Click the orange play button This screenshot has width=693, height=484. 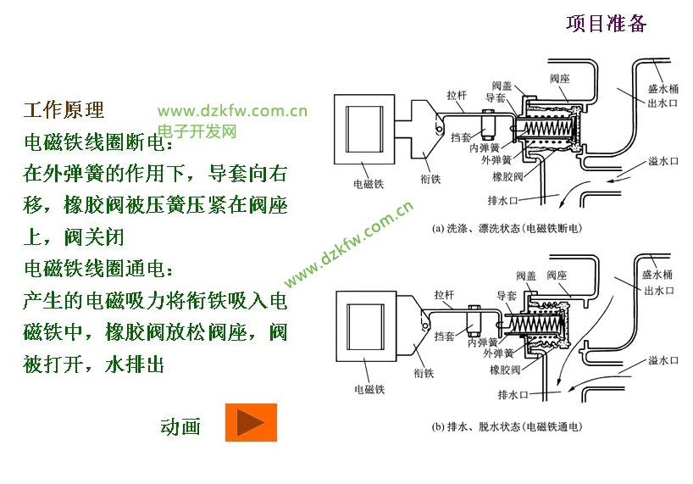pyautogui.click(x=251, y=422)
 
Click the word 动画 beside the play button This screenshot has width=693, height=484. pyautogui.click(x=180, y=426)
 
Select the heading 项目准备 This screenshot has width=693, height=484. pyautogui.click(x=606, y=23)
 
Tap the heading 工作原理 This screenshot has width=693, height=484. pyautogui.click(x=64, y=110)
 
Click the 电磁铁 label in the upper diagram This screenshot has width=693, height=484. pyautogui.click(x=369, y=183)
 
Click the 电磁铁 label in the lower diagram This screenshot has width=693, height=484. pyautogui.click(x=369, y=389)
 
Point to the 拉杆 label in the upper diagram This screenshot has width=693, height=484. pyautogui.click(x=457, y=95)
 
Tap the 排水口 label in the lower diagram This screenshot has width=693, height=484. pyautogui.click(x=513, y=394)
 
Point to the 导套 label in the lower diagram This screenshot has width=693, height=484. pyautogui.click(x=507, y=296)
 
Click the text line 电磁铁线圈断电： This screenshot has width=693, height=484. pyautogui.click(x=98, y=142)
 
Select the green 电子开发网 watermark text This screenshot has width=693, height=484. pyautogui.click(x=197, y=131)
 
